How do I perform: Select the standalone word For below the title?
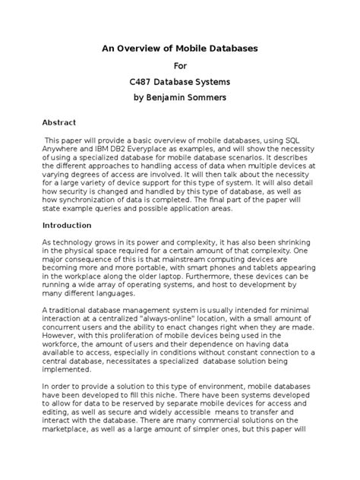click(180, 65)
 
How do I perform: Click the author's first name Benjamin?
click(179, 99)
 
